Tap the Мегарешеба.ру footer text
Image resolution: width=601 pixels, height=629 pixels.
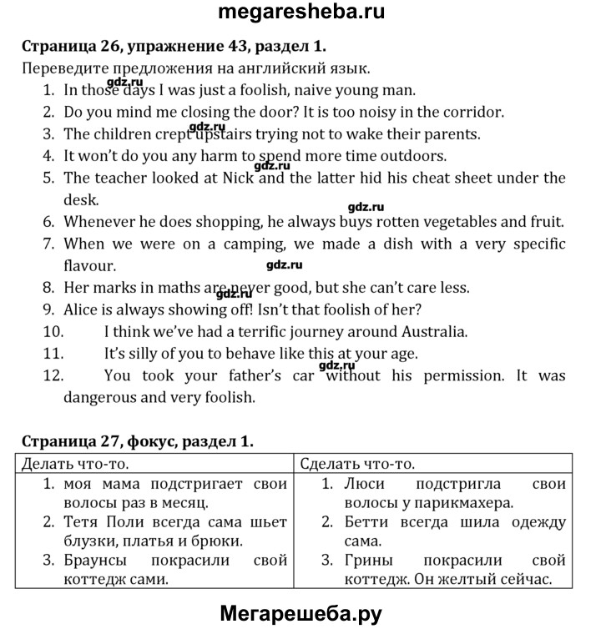click(300, 613)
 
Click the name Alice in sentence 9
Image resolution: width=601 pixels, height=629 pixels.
click(83, 309)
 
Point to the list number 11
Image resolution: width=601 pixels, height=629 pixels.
click(53, 354)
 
